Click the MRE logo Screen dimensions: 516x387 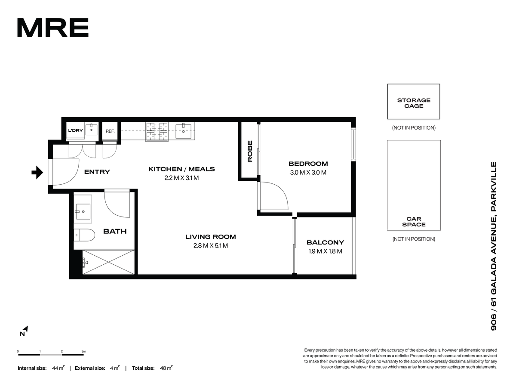coord(52,28)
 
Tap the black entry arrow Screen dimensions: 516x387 coord(37,173)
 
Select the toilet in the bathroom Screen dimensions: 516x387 coord(84,235)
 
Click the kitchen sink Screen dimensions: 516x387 coord(183,131)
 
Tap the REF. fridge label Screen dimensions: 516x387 coord(110,131)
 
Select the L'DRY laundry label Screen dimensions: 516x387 coord(75,130)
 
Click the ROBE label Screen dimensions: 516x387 coord(250,151)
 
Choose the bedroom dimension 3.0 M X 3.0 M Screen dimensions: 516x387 coord(308,173)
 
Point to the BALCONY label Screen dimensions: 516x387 coord(325,242)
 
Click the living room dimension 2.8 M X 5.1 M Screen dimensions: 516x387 coord(210,246)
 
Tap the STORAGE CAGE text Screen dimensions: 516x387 coord(414,103)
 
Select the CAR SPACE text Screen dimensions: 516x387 coord(414,222)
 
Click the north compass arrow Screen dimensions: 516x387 coord(26,329)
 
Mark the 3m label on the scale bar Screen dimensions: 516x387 coord(84,351)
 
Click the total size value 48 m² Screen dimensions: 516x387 coord(166,368)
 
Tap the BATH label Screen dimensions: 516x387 coord(115,231)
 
